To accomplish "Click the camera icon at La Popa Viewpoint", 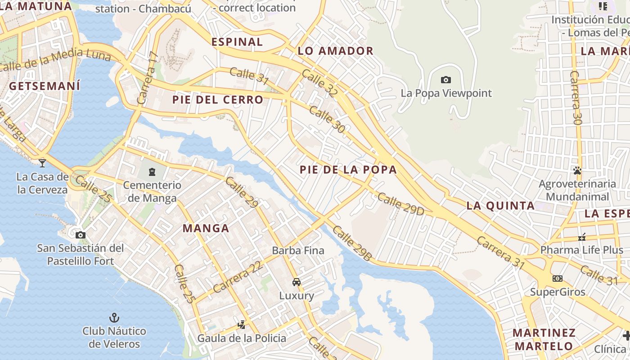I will click(445, 80).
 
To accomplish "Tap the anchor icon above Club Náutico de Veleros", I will click(114, 317).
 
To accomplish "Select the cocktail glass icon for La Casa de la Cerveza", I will click(42, 162).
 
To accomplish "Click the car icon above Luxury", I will click(297, 282).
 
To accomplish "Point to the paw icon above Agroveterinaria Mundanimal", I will click(577, 171).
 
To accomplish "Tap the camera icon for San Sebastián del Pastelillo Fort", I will click(81, 235).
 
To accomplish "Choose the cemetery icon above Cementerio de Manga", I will click(152, 171).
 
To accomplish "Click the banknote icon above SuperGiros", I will click(558, 279).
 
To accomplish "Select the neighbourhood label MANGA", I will click(206, 228).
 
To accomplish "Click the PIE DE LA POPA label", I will click(348, 170).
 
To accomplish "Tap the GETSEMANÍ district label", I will click(45, 86).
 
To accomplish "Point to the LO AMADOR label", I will click(336, 51).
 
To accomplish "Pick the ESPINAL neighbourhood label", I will click(237, 42).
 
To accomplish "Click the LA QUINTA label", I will click(500, 206).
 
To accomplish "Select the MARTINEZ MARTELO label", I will click(544, 339).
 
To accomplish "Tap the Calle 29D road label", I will click(400, 204).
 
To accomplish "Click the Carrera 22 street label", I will click(238, 277).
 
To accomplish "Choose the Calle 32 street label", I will click(319, 83).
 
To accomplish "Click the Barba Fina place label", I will click(298, 250).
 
